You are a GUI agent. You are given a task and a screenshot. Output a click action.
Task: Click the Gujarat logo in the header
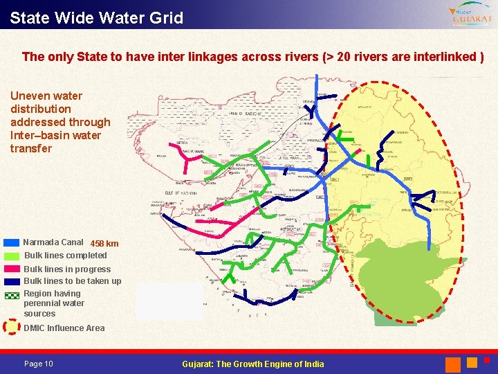470,15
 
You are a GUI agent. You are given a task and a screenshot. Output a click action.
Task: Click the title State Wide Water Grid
97,17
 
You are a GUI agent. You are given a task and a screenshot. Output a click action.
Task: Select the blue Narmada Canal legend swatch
11,243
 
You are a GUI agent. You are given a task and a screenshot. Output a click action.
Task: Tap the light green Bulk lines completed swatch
11,256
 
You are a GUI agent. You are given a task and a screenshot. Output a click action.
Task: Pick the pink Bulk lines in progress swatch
11,269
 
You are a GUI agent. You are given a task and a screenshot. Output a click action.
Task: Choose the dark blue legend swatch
11,281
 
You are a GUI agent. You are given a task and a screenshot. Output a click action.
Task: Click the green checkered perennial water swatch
11,294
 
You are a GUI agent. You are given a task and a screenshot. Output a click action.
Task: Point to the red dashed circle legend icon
11,327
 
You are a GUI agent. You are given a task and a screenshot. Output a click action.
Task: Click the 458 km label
104,244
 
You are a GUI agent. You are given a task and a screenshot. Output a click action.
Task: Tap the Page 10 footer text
38,364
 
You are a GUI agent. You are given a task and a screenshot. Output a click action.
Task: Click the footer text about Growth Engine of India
252,364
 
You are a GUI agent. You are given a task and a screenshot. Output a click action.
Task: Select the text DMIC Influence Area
64,328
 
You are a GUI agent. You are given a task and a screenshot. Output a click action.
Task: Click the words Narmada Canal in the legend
53,242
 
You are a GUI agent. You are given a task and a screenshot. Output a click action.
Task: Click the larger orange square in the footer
453,364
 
